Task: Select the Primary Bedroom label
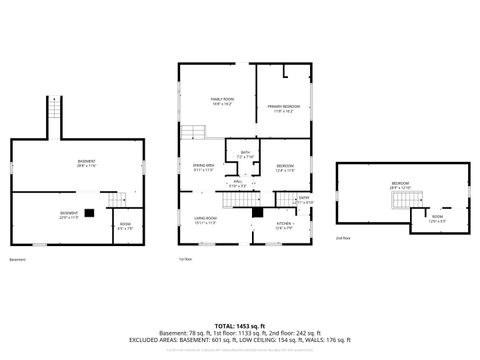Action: pos(284,107)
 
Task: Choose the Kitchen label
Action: pos(283,225)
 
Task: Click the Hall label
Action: pos(238,183)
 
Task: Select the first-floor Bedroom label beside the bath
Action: pos(285,167)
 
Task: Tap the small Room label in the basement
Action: pos(124,225)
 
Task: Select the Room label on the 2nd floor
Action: pos(438,218)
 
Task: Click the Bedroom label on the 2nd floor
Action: pos(400,184)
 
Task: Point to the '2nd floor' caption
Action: pos(343,238)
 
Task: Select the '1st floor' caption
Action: pos(184,259)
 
